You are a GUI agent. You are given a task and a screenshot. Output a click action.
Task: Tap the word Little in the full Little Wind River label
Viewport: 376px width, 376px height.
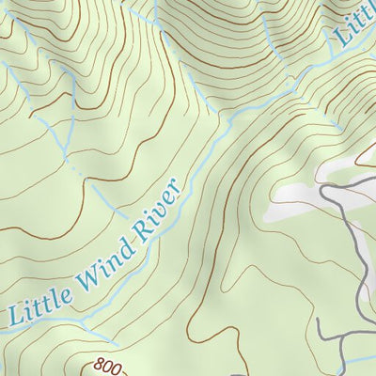(37, 303)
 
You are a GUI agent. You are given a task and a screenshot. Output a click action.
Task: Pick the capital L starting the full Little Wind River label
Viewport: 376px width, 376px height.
(13, 317)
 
